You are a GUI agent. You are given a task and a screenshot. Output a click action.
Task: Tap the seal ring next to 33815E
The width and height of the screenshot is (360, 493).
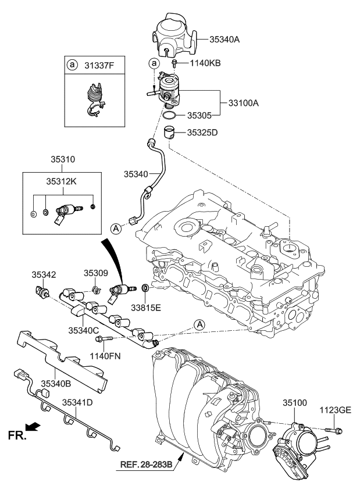[145, 288]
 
